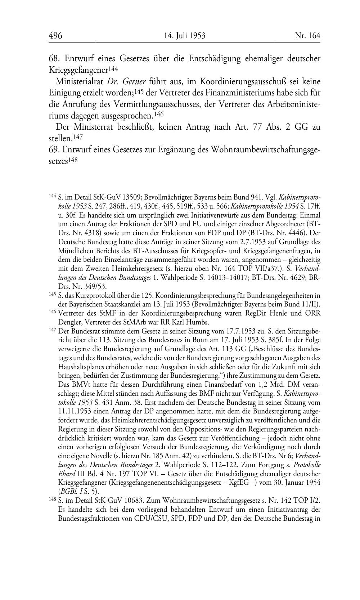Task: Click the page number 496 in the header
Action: click(x=55, y=36)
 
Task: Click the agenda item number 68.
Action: click(x=54, y=58)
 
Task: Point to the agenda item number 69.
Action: click(x=54, y=150)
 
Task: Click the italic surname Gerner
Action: click(x=132, y=81)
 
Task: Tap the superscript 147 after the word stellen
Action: click(x=77, y=136)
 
